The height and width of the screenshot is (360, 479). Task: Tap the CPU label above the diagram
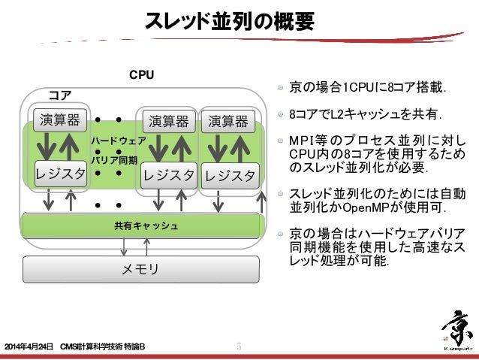[x=142, y=75]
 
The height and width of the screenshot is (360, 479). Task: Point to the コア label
[x=60, y=95]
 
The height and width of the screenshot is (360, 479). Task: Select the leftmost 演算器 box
[x=57, y=120]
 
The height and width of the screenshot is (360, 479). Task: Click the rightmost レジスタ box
[x=230, y=175]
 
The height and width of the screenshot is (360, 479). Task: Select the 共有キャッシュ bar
[x=146, y=225]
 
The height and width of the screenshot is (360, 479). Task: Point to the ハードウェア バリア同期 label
[x=117, y=150]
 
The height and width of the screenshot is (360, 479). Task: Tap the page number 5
[x=239, y=346]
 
